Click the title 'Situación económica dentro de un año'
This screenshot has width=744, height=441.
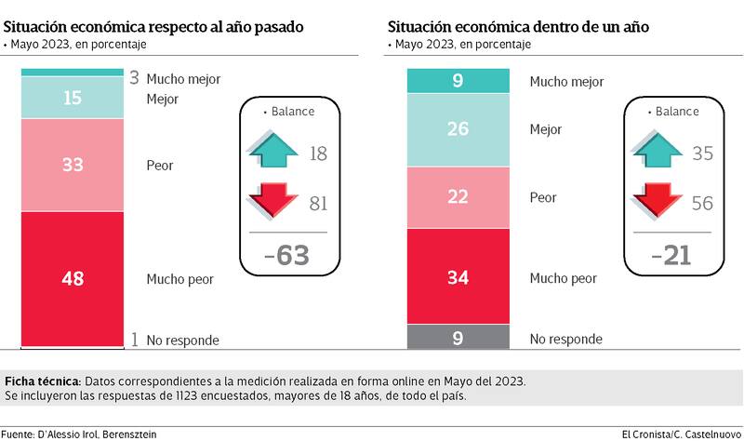pos(519,27)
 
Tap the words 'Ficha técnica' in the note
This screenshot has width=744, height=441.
pos(43,381)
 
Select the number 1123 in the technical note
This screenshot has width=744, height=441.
pos(208,396)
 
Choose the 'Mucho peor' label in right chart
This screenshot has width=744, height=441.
pos(563,277)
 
